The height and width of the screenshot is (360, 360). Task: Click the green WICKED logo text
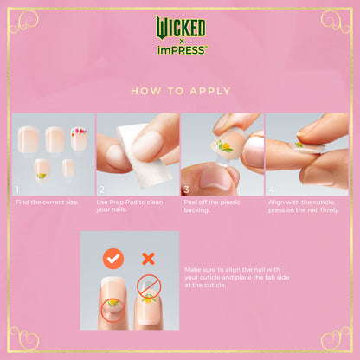click(180, 26)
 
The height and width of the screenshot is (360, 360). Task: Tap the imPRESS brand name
click(180, 50)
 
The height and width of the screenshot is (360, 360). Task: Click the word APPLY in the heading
click(206, 90)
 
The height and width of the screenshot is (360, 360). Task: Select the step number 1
click(16, 189)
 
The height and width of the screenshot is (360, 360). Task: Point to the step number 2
click(101, 189)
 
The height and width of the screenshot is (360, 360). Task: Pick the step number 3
click(185, 189)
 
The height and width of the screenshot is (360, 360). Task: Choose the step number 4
click(270, 189)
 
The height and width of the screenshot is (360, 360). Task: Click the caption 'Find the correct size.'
click(46, 202)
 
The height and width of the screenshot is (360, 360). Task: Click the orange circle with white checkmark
click(112, 258)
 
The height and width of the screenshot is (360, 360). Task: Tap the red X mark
click(148, 258)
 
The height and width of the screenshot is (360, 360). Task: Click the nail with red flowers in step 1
click(79, 138)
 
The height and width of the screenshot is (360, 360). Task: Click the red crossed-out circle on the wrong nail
click(149, 287)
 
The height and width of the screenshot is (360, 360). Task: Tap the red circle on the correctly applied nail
click(113, 310)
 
